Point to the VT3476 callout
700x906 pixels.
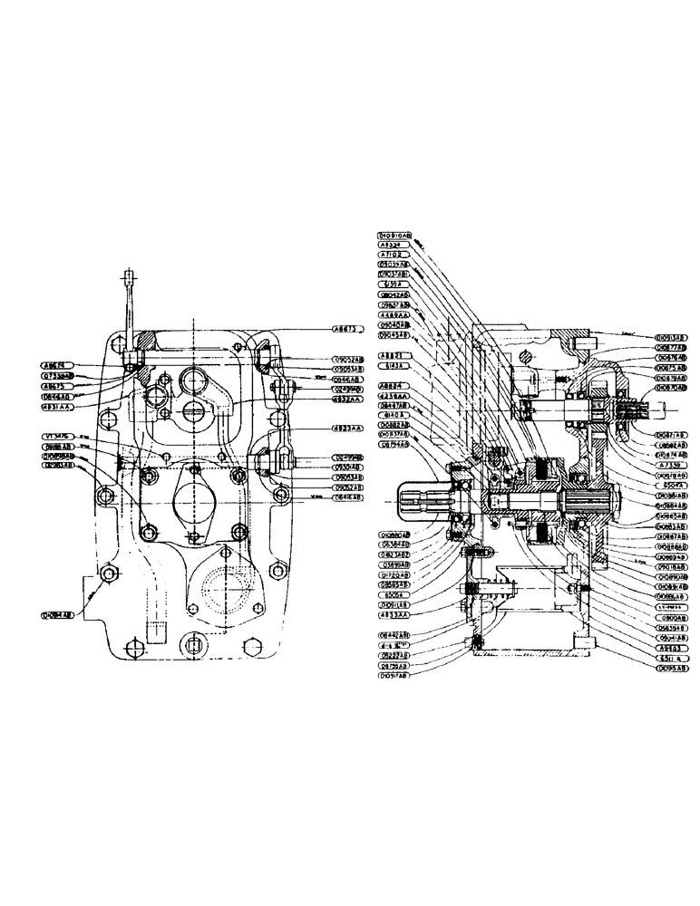(58, 436)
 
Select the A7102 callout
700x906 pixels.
(392, 255)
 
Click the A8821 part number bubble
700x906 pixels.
(392, 355)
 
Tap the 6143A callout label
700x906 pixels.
(392, 365)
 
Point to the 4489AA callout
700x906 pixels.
(394, 314)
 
